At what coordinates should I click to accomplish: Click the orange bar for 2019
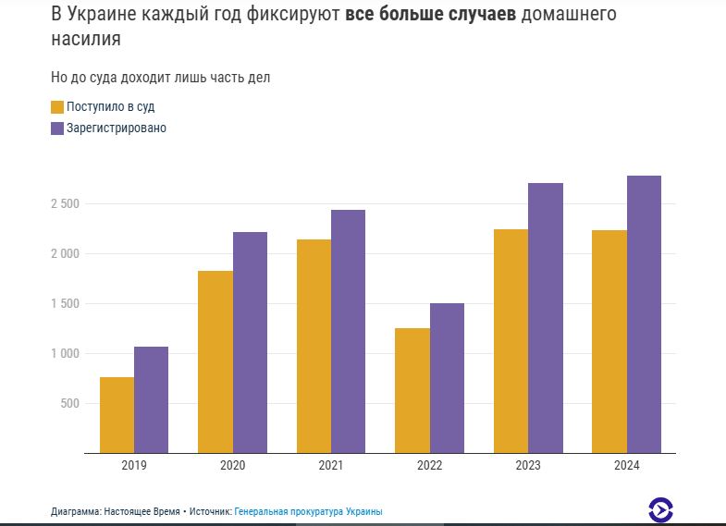click(x=117, y=415)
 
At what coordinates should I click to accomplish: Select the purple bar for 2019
click(x=151, y=399)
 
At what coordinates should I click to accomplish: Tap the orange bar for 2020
click(x=215, y=361)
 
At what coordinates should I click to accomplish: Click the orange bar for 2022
click(x=412, y=390)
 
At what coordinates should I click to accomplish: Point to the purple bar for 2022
click(x=447, y=378)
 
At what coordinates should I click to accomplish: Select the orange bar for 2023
click(x=511, y=341)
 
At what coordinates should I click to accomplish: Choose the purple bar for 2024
click(x=644, y=314)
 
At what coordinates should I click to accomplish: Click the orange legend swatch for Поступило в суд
click(x=57, y=107)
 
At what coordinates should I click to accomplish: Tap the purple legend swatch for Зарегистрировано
click(x=57, y=128)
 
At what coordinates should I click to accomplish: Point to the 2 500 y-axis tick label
click(x=66, y=203)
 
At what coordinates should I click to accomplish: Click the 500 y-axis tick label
click(x=69, y=403)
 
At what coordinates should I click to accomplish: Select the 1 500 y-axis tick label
click(x=66, y=303)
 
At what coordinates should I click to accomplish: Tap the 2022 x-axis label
click(x=429, y=466)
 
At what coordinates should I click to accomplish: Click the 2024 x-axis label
click(x=626, y=466)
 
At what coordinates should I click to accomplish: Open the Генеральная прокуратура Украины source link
click(x=308, y=511)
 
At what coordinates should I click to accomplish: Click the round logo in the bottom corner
click(x=660, y=509)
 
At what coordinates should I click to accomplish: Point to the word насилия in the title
click(x=86, y=41)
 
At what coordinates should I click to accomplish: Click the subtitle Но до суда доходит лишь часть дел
click(x=160, y=78)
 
